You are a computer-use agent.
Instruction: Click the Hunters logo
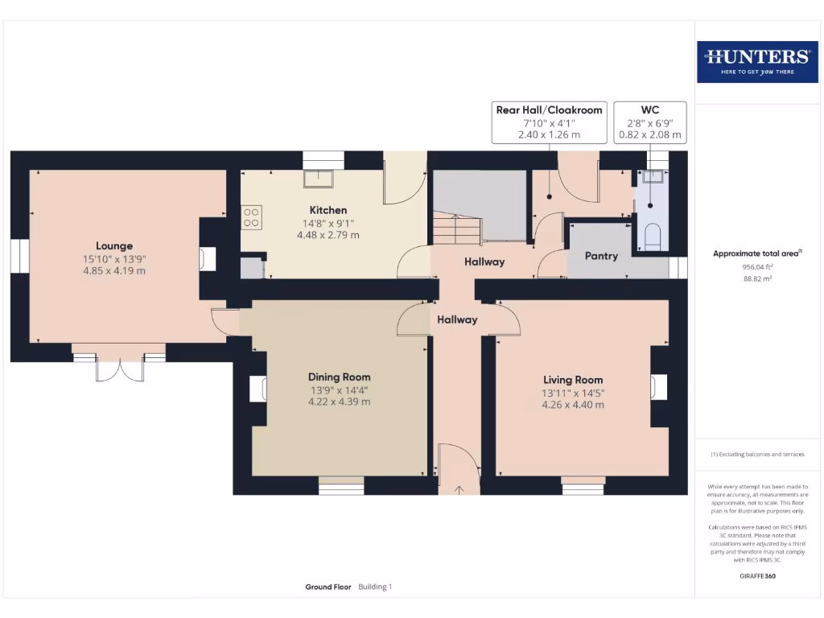click(756, 61)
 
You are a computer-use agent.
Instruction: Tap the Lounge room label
click(114, 246)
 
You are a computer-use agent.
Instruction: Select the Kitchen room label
click(328, 210)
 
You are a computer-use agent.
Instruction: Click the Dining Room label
click(339, 377)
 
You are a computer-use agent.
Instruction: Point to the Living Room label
click(572, 380)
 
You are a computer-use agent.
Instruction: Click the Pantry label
click(601, 256)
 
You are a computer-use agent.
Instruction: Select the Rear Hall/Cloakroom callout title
click(549, 110)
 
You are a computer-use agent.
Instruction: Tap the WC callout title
click(650, 110)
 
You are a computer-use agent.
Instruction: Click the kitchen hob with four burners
click(251, 216)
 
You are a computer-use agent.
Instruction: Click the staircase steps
click(456, 229)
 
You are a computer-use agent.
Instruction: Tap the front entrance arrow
click(459, 488)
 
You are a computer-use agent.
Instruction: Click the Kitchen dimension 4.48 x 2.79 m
click(328, 235)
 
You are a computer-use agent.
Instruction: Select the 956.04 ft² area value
click(756, 266)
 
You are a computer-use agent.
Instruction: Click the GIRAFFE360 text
click(756, 576)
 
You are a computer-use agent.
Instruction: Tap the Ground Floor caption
click(328, 587)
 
